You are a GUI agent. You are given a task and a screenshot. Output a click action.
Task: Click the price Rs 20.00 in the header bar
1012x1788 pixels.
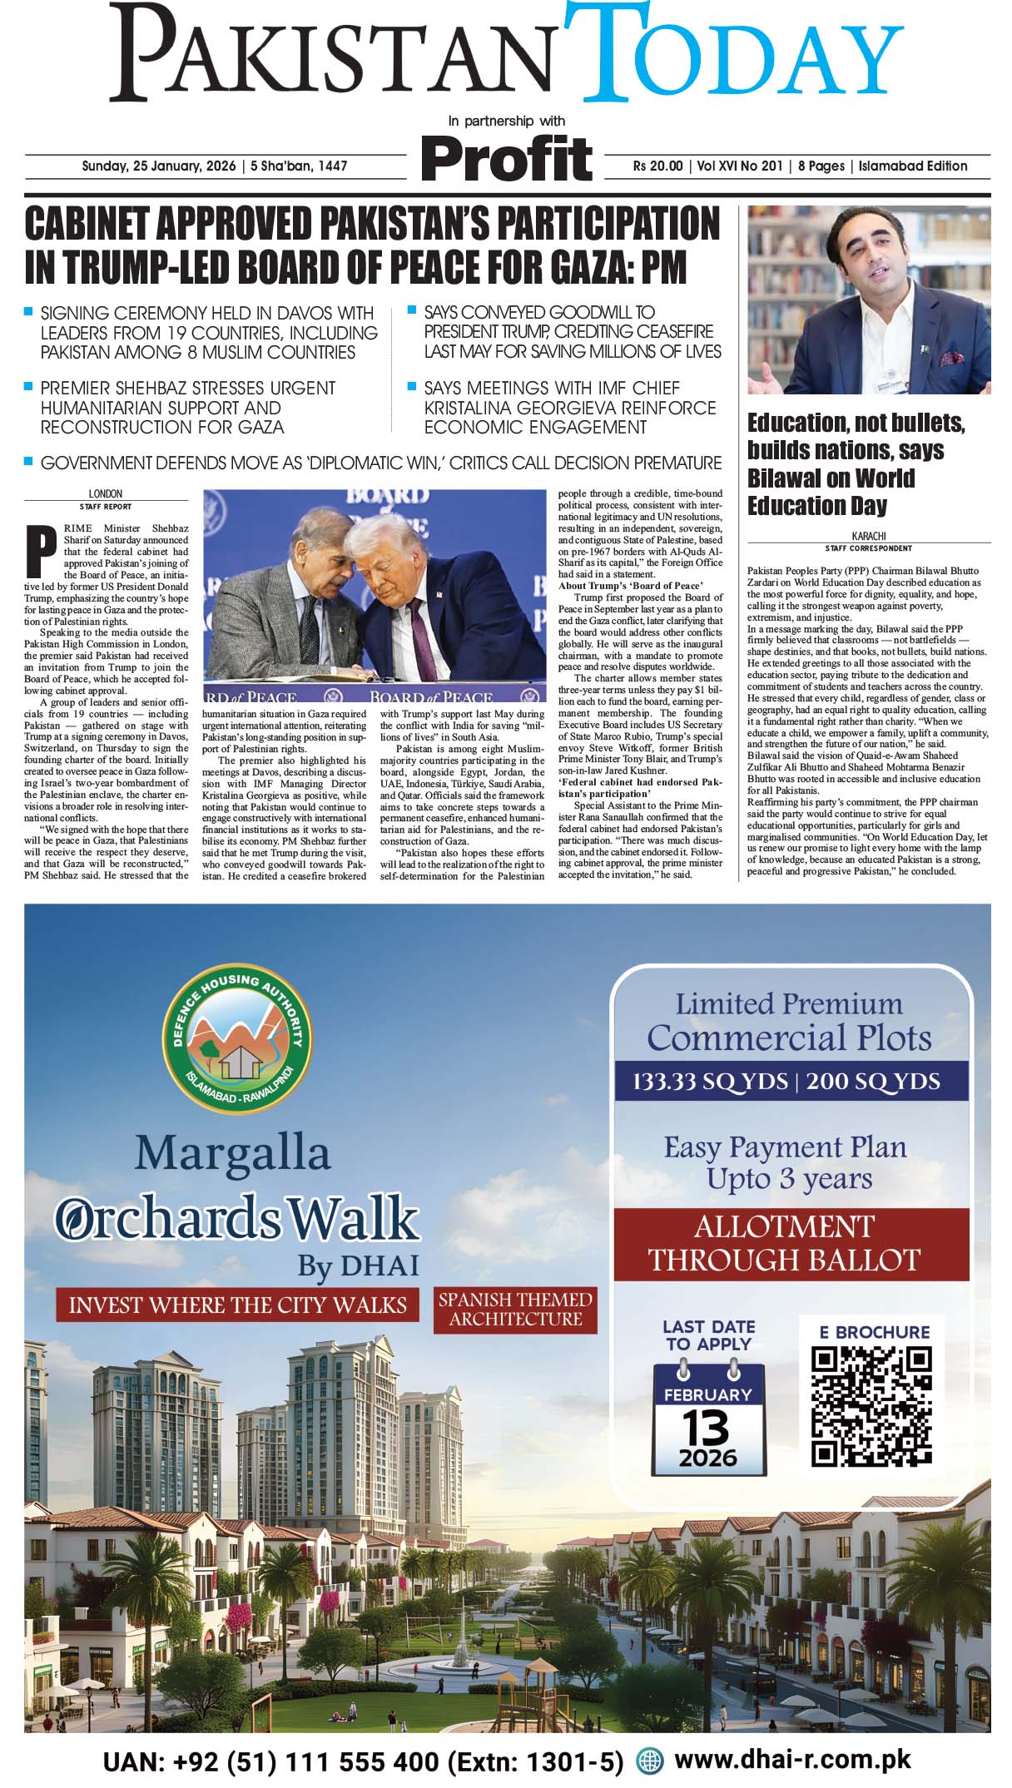coord(657,166)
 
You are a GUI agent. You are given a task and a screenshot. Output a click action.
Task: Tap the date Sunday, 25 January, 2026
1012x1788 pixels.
coord(158,166)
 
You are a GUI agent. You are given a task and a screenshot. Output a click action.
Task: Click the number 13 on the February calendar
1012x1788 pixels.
coord(707,1428)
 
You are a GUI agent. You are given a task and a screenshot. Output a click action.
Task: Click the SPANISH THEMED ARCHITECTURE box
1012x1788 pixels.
coord(515,1310)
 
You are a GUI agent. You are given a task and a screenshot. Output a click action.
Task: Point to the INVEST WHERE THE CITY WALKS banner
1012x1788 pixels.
coord(237,1305)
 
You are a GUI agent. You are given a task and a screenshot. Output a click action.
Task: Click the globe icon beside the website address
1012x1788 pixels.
coord(649,1761)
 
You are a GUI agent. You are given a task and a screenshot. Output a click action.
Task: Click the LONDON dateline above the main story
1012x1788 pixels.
coord(105,493)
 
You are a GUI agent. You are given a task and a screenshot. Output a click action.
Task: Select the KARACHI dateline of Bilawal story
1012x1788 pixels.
coord(868,537)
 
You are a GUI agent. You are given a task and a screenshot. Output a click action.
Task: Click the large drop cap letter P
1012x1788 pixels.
coord(35,550)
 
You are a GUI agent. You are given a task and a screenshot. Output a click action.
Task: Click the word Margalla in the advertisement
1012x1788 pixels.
coord(233,1154)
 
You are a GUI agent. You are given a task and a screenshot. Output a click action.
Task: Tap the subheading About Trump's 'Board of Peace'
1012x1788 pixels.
coord(630,586)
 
